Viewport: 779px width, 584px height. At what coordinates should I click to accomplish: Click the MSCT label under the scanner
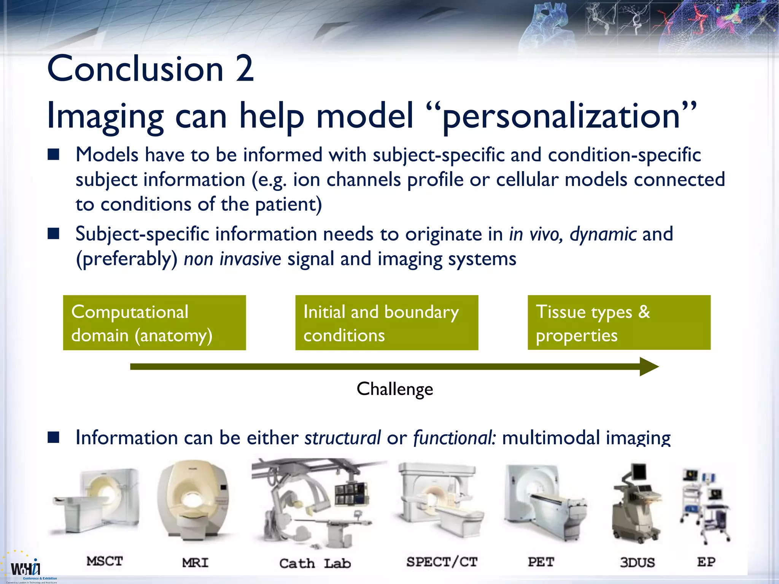[105, 561]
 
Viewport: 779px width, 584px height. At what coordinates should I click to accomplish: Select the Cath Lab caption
[315, 563]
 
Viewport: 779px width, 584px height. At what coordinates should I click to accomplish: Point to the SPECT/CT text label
[442, 562]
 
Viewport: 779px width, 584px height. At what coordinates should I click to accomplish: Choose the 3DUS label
[637, 562]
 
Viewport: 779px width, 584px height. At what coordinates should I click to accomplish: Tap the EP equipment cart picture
[705, 506]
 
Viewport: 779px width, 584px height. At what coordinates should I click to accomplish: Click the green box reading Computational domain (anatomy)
[154, 323]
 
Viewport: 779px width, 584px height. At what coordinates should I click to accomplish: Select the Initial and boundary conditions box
[386, 323]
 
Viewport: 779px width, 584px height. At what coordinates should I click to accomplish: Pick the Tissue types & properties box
[619, 323]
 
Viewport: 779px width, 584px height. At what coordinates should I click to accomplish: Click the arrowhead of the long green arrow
[649, 367]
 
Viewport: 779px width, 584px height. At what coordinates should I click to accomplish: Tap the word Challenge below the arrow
[395, 389]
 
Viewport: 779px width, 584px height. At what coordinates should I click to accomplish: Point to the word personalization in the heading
[561, 116]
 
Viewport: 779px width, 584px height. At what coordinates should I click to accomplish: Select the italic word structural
[342, 438]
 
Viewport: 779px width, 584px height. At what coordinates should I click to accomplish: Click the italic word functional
[454, 438]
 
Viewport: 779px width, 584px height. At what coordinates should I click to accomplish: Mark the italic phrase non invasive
[232, 259]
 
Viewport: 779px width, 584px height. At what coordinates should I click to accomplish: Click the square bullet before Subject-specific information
[54, 233]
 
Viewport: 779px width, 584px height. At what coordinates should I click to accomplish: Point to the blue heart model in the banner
[548, 27]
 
